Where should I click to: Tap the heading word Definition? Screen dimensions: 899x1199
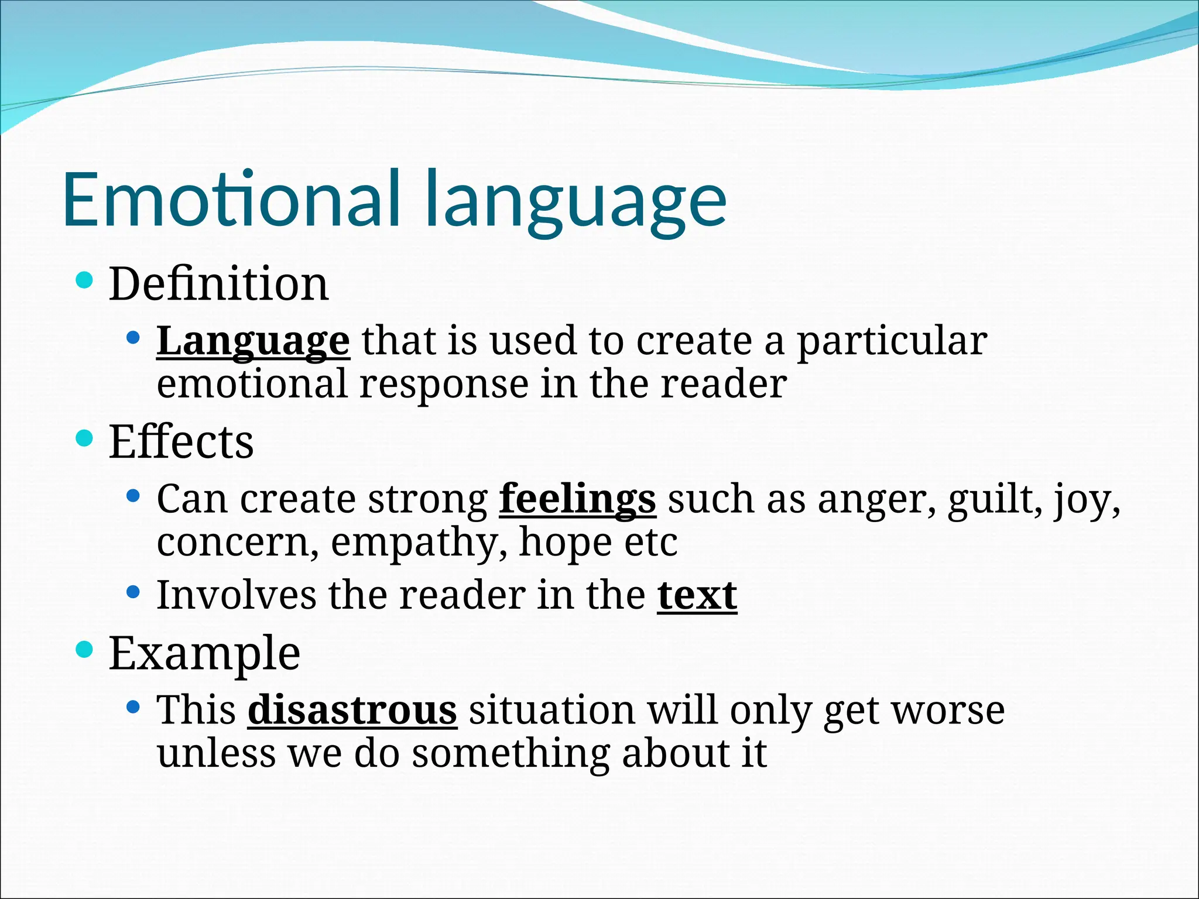pos(218,284)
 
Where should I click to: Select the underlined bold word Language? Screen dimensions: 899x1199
pos(253,341)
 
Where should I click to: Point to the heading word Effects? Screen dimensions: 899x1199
pos(181,442)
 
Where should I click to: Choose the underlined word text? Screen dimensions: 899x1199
pos(697,596)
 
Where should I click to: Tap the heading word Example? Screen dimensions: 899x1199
pos(204,654)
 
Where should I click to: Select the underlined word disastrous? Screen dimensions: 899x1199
pos(352,711)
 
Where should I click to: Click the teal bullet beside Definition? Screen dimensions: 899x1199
pos(84,280)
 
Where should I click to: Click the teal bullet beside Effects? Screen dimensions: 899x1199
pos(84,438)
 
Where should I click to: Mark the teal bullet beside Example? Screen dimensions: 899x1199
pos(84,649)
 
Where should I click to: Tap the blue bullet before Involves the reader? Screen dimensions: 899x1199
pos(133,592)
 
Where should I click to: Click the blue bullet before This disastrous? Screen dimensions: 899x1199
pos(133,707)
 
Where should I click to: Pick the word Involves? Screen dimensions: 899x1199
pos(236,596)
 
